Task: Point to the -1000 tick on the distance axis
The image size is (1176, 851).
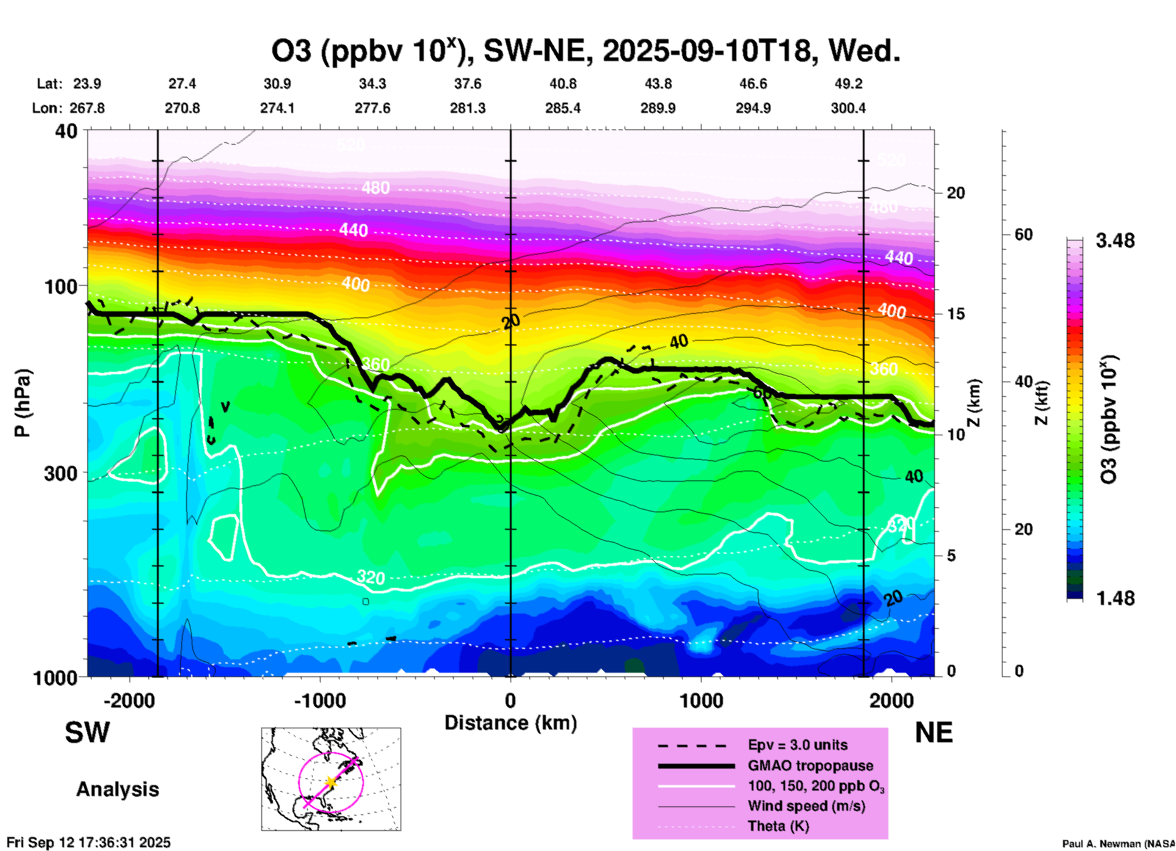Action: pos(319,700)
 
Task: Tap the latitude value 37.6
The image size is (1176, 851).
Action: pos(468,84)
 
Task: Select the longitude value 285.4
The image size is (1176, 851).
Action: pos(562,108)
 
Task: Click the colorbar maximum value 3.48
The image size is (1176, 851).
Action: pos(1115,241)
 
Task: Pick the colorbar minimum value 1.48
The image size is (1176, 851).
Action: pos(1115,598)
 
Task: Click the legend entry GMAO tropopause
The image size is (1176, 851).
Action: pos(810,766)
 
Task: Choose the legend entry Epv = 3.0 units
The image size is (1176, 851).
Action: pos(797,745)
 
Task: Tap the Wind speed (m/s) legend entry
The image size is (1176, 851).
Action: pos(806,806)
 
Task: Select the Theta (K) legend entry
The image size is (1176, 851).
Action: pos(778,826)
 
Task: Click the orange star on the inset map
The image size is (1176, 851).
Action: pos(331,781)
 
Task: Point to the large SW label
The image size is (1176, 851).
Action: pos(87,733)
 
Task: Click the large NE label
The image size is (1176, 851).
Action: pos(934,733)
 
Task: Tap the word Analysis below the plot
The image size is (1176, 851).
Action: pos(117,789)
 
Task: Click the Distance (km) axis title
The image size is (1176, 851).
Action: pos(510,723)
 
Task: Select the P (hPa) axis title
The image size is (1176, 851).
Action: pos(23,403)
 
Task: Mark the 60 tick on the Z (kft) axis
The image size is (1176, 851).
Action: pos(1023,234)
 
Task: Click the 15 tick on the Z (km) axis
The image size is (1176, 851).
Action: pos(956,314)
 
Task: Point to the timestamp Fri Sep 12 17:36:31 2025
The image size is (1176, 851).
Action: pos(89,842)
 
